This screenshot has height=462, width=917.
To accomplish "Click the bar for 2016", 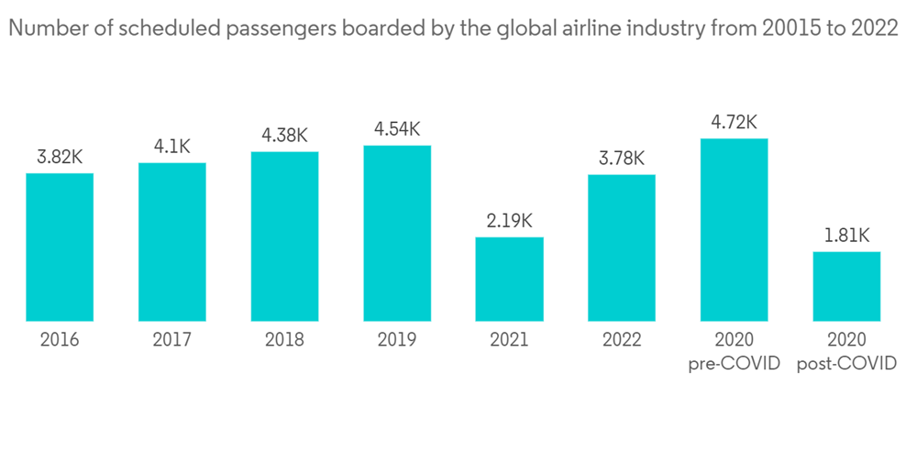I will [60, 247].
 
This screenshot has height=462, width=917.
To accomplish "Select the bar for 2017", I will [172, 242].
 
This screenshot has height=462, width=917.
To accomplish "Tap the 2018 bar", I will [284, 236].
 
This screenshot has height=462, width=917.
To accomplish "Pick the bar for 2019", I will [397, 234].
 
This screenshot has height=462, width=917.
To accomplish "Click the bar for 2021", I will [509, 280].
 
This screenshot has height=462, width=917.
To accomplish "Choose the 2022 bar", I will [622, 248].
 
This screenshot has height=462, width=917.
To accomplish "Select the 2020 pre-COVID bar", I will [734, 230].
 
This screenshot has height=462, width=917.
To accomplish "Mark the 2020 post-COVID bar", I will [846, 287].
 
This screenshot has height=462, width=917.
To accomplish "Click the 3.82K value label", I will [60, 158].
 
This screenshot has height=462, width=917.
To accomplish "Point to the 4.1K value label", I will [172, 147].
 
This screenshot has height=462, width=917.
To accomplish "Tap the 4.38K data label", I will [284, 136].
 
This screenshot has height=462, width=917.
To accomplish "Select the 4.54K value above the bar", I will [397, 129].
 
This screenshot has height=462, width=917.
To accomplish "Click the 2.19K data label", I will [509, 221].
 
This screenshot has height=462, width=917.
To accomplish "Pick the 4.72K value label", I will [734, 122].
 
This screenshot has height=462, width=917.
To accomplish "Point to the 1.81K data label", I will [846, 236].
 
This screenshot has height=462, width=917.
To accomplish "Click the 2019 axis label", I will [397, 340].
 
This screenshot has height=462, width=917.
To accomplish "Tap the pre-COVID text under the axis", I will [734, 364].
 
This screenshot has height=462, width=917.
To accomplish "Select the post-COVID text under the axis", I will [846, 364].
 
